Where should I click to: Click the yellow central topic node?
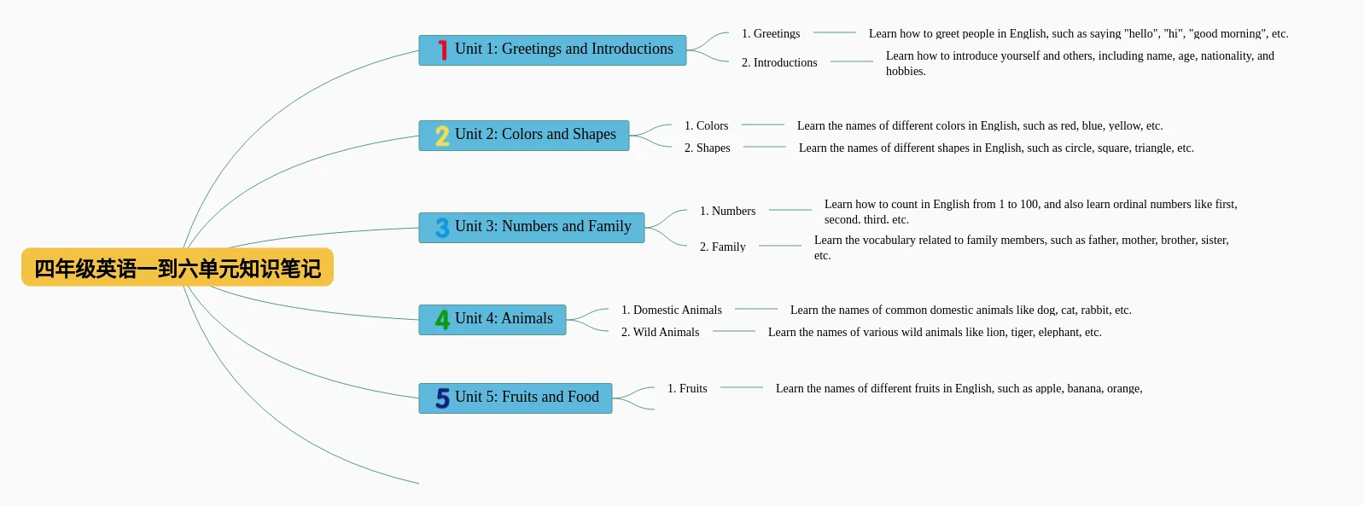[178, 268]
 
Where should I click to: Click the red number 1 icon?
[442, 50]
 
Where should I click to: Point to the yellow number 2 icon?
[442, 136]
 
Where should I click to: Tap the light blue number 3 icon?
[442, 228]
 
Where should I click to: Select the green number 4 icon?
[442, 320]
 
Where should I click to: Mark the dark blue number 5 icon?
[442, 398]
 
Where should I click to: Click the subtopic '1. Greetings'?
[771, 34]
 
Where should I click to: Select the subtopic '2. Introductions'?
[779, 63]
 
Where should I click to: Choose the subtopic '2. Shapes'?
[708, 148]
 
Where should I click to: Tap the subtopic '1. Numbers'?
[728, 212]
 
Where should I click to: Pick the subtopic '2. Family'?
[723, 247]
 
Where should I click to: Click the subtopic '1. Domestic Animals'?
[672, 311]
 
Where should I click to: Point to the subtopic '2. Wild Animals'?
[661, 333]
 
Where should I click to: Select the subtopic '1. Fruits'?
[687, 389]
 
